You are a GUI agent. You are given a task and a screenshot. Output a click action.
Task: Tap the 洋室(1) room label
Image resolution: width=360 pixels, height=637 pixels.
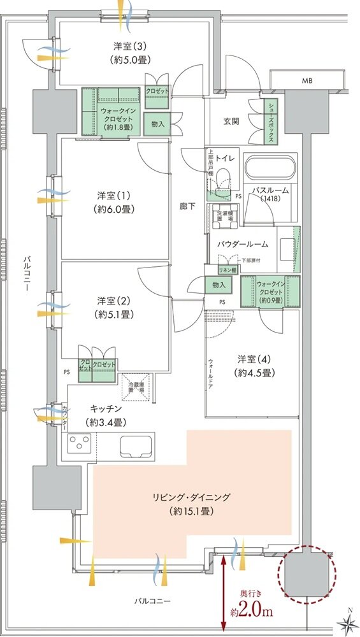[115, 194]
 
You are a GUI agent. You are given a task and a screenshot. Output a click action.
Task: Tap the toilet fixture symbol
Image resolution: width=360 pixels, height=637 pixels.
[223, 180]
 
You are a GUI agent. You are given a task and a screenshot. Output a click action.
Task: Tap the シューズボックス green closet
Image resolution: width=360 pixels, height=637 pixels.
[270, 122]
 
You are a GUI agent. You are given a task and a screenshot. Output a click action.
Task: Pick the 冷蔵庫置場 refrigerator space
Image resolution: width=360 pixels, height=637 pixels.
[138, 387]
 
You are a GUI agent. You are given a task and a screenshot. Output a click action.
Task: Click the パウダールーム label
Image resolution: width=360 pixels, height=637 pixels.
[243, 243]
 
